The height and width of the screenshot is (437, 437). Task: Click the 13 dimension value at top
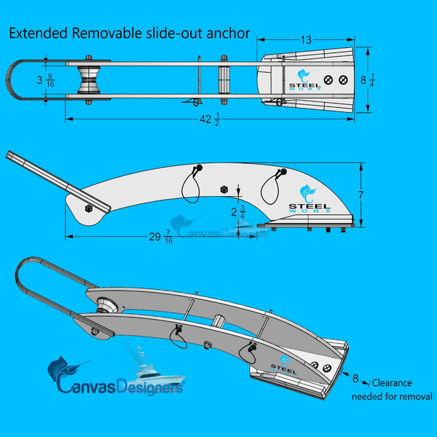pyautogui.click(x=307, y=40)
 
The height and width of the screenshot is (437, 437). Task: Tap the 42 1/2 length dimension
pyautogui.click(x=208, y=120)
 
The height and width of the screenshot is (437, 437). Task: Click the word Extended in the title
pyautogui.click(x=38, y=34)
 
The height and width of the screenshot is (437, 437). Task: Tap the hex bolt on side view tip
pyautogui.click(x=88, y=209)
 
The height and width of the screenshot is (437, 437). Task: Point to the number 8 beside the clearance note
pyautogui.click(x=356, y=378)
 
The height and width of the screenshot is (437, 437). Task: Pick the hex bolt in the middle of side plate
pyautogui.click(x=224, y=190)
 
